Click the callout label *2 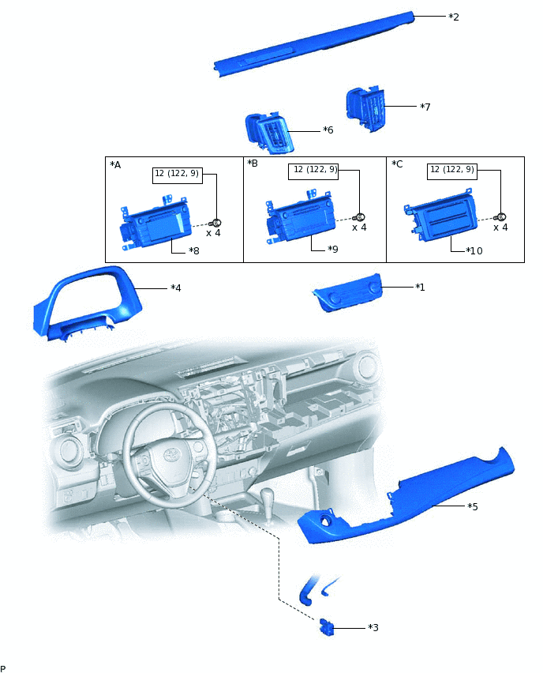[x=454, y=17]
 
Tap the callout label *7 [x=425, y=107]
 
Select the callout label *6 [x=328, y=130]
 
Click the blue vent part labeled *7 [x=365, y=110]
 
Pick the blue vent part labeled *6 [x=270, y=133]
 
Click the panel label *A [x=115, y=165]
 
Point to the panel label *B [x=253, y=163]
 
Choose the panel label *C [x=397, y=164]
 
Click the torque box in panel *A [x=178, y=175]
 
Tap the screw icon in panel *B [x=360, y=217]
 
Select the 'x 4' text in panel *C [x=500, y=227]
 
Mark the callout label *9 [x=333, y=249]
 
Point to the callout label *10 [x=474, y=250]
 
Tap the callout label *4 [x=176, y=288]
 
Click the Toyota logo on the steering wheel [x=170, y=455]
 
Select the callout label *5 [x=472, y=506]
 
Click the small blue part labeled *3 [x=327, y=627]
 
